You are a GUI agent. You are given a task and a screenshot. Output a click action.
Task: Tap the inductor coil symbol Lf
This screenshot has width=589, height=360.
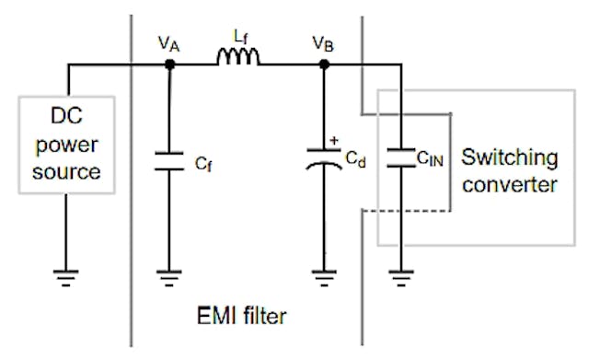[237, 59]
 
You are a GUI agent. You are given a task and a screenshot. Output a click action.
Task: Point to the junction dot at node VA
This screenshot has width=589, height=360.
[169, 64]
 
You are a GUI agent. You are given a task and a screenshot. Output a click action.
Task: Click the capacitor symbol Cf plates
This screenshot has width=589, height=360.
[169, 162]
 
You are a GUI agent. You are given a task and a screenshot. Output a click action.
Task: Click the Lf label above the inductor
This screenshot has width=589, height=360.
[238, 38]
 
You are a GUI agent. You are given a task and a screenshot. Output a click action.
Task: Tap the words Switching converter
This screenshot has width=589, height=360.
[509, 170]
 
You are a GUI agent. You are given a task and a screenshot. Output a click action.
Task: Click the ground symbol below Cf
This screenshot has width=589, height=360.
[169, 273]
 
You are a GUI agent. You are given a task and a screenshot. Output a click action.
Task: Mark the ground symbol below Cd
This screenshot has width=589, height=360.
[324, 273]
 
